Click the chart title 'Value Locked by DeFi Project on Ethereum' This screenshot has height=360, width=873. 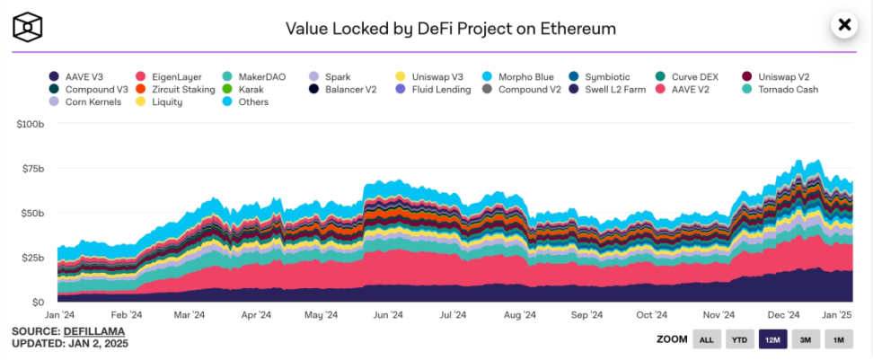(450, 28)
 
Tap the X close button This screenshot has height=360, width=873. (843, 25)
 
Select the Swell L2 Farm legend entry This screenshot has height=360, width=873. (619, 90)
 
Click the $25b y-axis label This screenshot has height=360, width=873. (31, 258)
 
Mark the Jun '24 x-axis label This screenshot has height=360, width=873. (386, 315)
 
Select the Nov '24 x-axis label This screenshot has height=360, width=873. (719, 315)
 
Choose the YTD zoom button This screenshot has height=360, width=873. (739, 339)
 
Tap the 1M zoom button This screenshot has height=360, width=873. (838, 339)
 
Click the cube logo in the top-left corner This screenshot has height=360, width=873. (29, 27)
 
